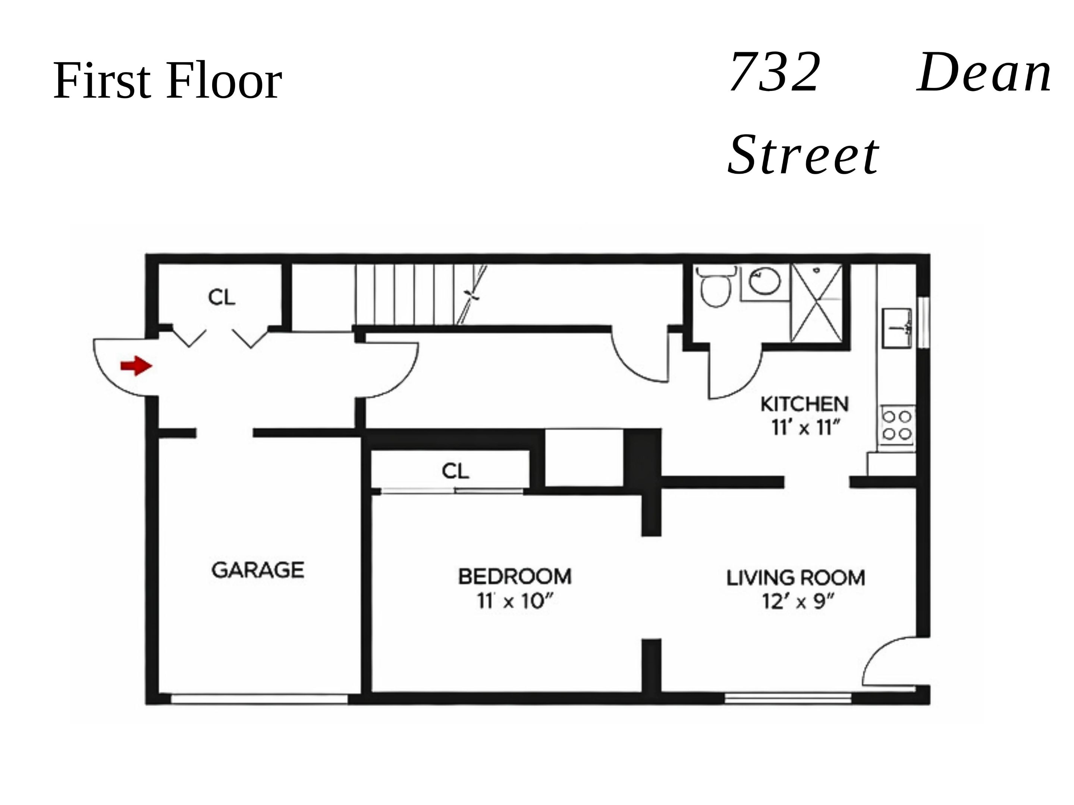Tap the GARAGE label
(x=258, y=570)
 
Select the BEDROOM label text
(x=515, y=577)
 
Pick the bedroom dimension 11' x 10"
(x=515, y=602)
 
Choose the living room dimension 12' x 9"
(x=798, y=602)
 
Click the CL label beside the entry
(x=222, y=297)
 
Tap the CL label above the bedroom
(x=455, y=471)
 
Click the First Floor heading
(x=167, y=80)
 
